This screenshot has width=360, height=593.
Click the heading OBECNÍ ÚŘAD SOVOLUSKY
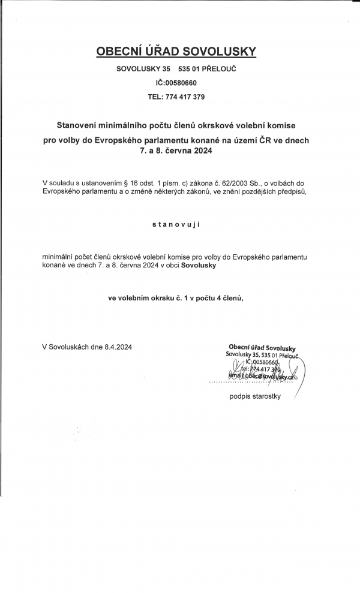coord(176,52)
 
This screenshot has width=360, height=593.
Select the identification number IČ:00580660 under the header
coord(176,83)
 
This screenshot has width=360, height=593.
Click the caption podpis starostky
coord(255,396)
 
